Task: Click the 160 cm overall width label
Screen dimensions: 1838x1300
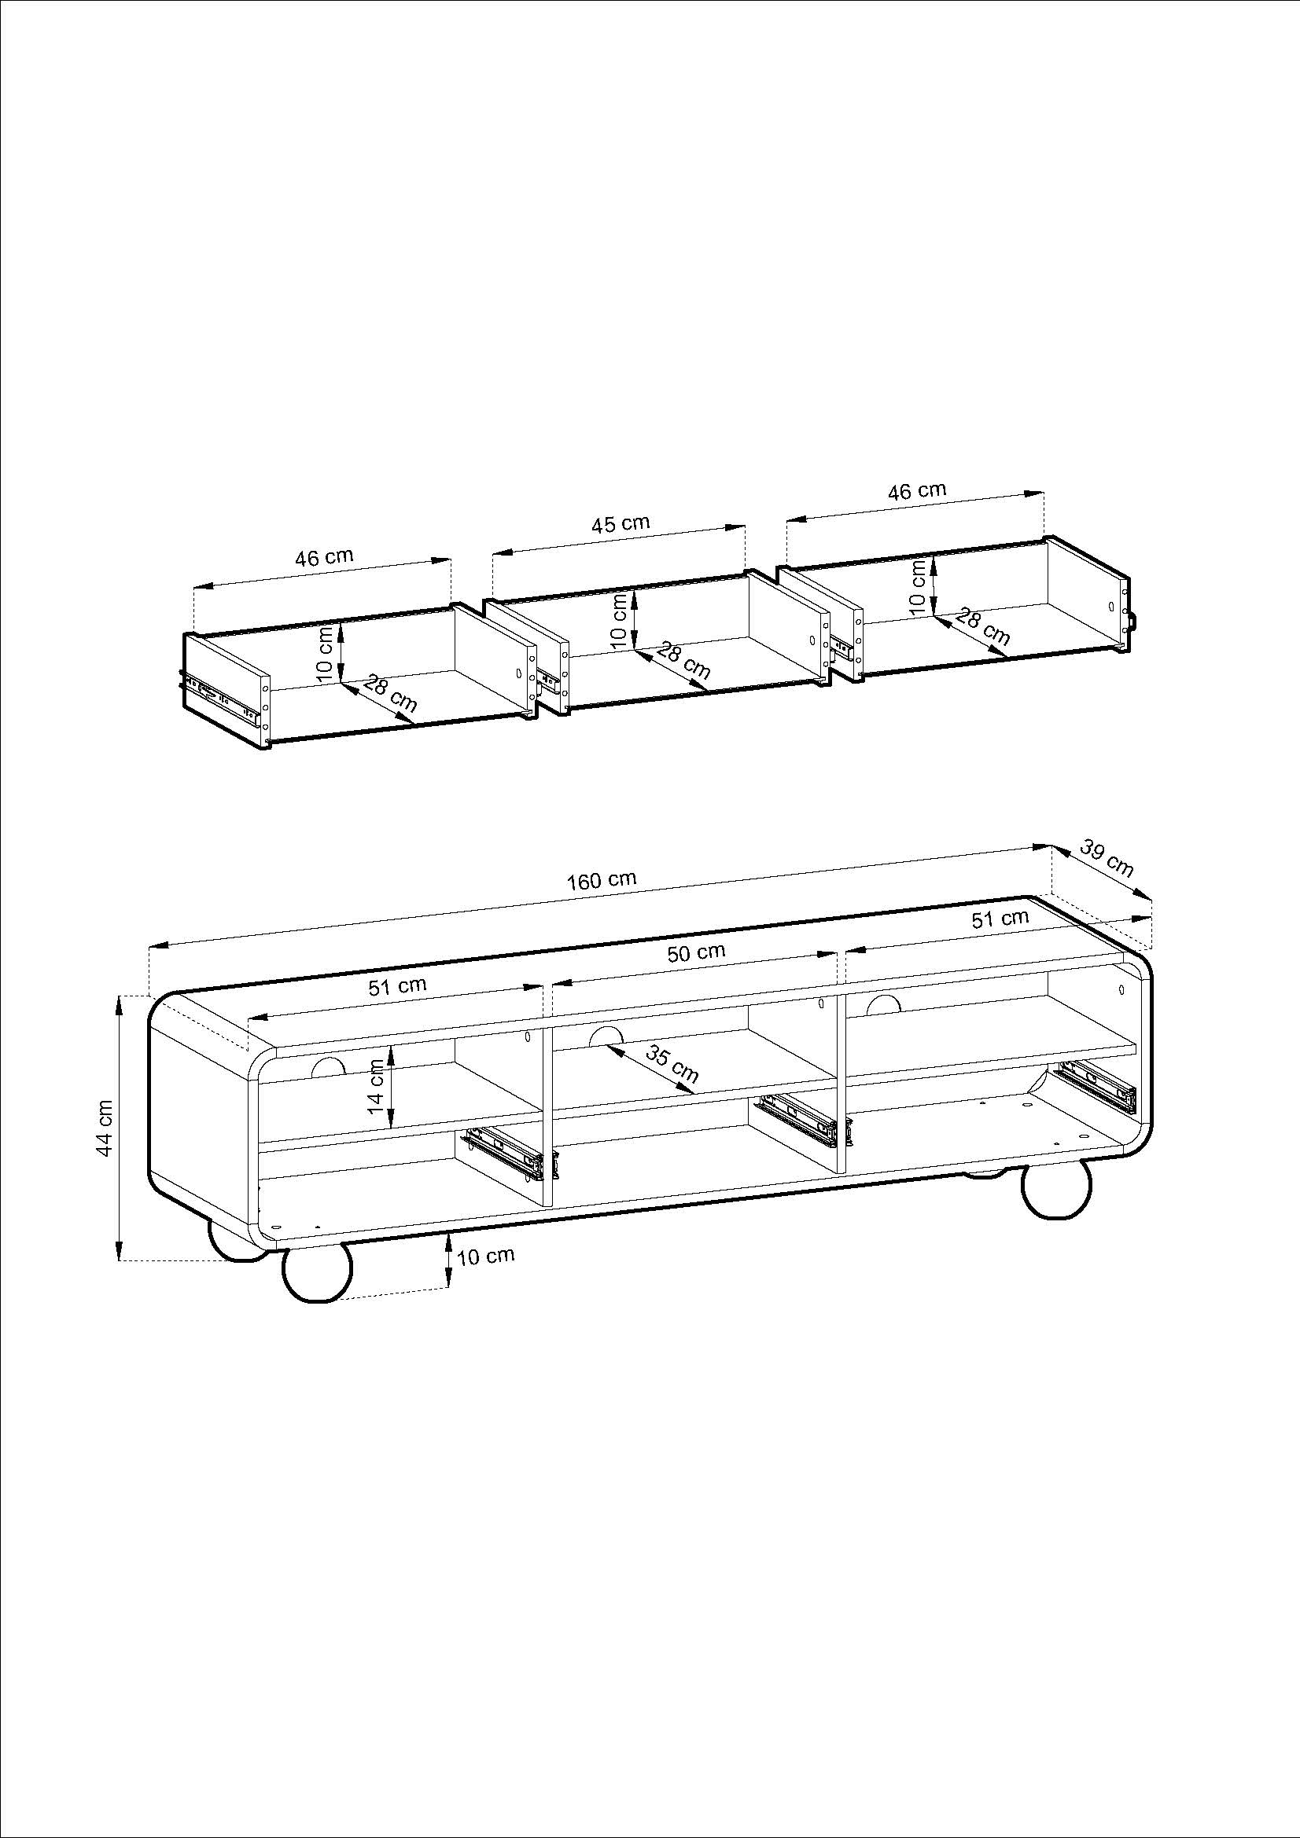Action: point(602,880)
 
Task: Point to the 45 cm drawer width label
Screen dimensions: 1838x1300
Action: point(620,524)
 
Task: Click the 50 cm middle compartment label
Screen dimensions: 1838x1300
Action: point(696,952)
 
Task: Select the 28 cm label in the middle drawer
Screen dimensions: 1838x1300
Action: point(683,660)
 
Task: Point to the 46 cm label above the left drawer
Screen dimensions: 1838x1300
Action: point(323,557)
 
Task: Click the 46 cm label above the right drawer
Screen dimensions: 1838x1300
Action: point(916,490)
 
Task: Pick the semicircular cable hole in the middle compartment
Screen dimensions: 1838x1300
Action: point(606,1036)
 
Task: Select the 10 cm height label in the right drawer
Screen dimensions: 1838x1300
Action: point(919,586)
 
